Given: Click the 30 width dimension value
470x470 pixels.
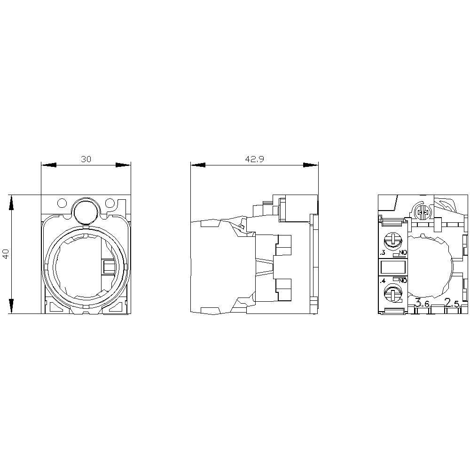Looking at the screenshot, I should click(86, 159).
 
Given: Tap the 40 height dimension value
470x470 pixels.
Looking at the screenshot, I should click(6, 254).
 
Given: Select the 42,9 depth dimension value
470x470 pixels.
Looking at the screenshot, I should click(254, 159).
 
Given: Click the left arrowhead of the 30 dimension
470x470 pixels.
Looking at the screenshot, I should click(49, 165).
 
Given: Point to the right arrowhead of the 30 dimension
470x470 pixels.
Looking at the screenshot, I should click(123, 165).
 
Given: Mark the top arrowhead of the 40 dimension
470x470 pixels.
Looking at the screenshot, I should click(11, 202).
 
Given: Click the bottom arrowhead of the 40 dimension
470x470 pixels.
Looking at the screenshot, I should click(11, 306).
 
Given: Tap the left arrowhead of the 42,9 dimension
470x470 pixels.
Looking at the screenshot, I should click(198, 165).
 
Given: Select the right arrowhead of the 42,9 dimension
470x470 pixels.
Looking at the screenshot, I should click(311, 165).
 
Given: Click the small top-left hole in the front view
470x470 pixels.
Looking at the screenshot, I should click(62, 204).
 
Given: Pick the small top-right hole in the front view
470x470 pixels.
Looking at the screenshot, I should click(110, 204).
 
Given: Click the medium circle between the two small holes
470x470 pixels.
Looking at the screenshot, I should click(85, 210).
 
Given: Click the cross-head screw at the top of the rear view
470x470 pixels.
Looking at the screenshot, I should click(422, 213).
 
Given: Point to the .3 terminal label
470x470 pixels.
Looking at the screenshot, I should click(383, 253).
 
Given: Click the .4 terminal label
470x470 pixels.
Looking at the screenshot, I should click(383, 281).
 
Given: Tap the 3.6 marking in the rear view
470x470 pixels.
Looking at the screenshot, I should click(422, 304).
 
